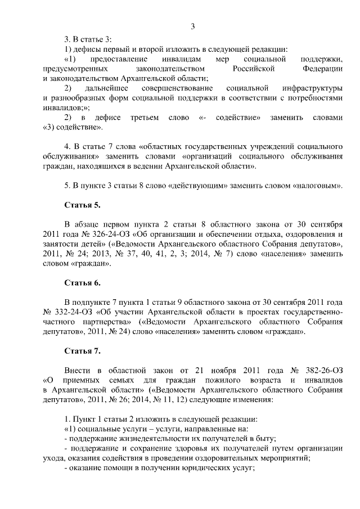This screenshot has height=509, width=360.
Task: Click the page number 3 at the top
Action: click(x=192, y=26)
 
